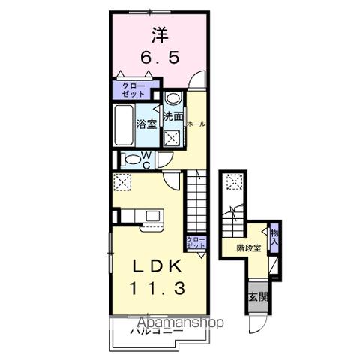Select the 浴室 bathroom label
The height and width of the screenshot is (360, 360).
[x=146, y=124]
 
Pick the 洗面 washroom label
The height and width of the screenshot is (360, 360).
[x=173, y=117]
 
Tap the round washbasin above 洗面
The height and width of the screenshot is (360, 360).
[x=172, y=98]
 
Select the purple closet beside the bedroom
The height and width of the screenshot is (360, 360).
[x=131, y=90]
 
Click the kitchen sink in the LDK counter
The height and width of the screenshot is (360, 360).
[x=153, y=216]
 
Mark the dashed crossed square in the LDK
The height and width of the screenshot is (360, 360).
[x=122, y=182]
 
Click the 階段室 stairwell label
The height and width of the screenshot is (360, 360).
[x=247, y=247]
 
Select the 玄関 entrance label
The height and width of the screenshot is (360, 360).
[x=259, y=297]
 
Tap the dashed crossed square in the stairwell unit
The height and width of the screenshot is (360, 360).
[x=235, y=181]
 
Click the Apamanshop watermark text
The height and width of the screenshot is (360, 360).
[x=180, y=322]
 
